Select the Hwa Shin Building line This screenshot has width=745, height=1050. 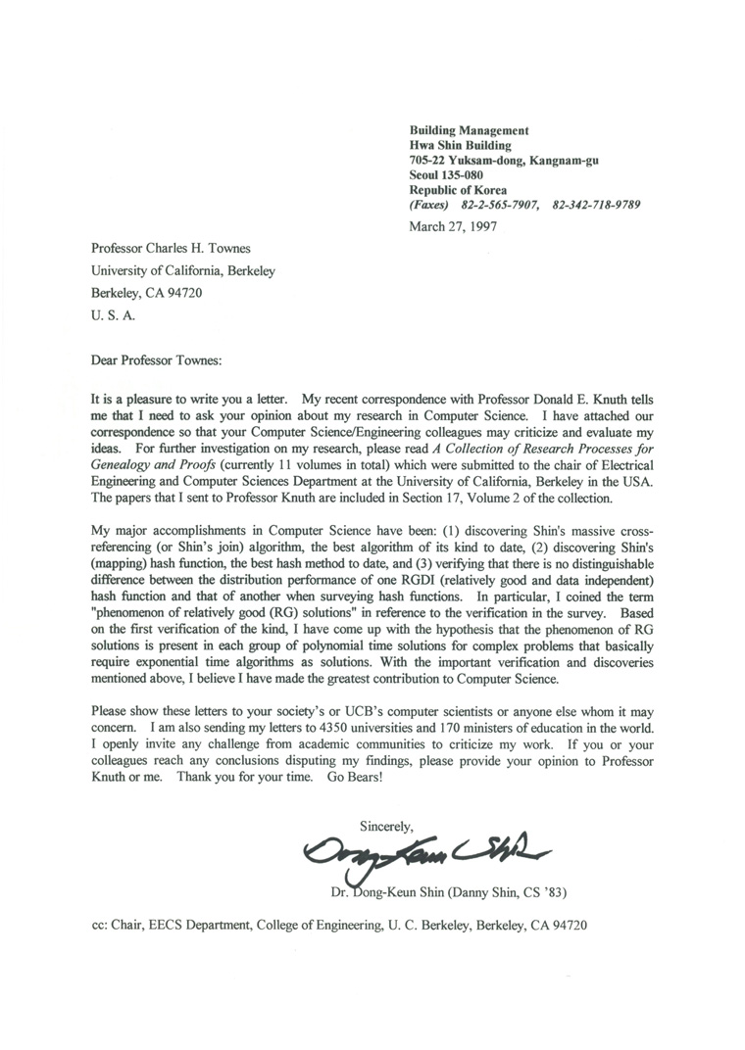coord(462,145)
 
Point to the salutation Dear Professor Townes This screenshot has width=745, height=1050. coord(156,359)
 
